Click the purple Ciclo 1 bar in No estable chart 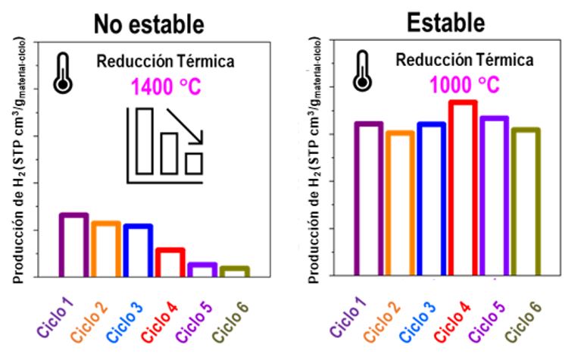pyautogui.click(x=73, y=245)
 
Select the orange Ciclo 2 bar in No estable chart pyautogui.click(x=106, y=249)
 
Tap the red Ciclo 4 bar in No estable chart pyautogui.click(x=170, y=262)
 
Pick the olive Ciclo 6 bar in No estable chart pyautogui.click(x=235, y=271)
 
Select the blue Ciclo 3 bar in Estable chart pyautogui.click(x=430, y=199)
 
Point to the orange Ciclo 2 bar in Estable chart pyautogui.click(x=399, y=203)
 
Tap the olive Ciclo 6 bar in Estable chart pyautogui.click(x=526, y=202)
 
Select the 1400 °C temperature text pyautogui.click(x=166, y=87)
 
